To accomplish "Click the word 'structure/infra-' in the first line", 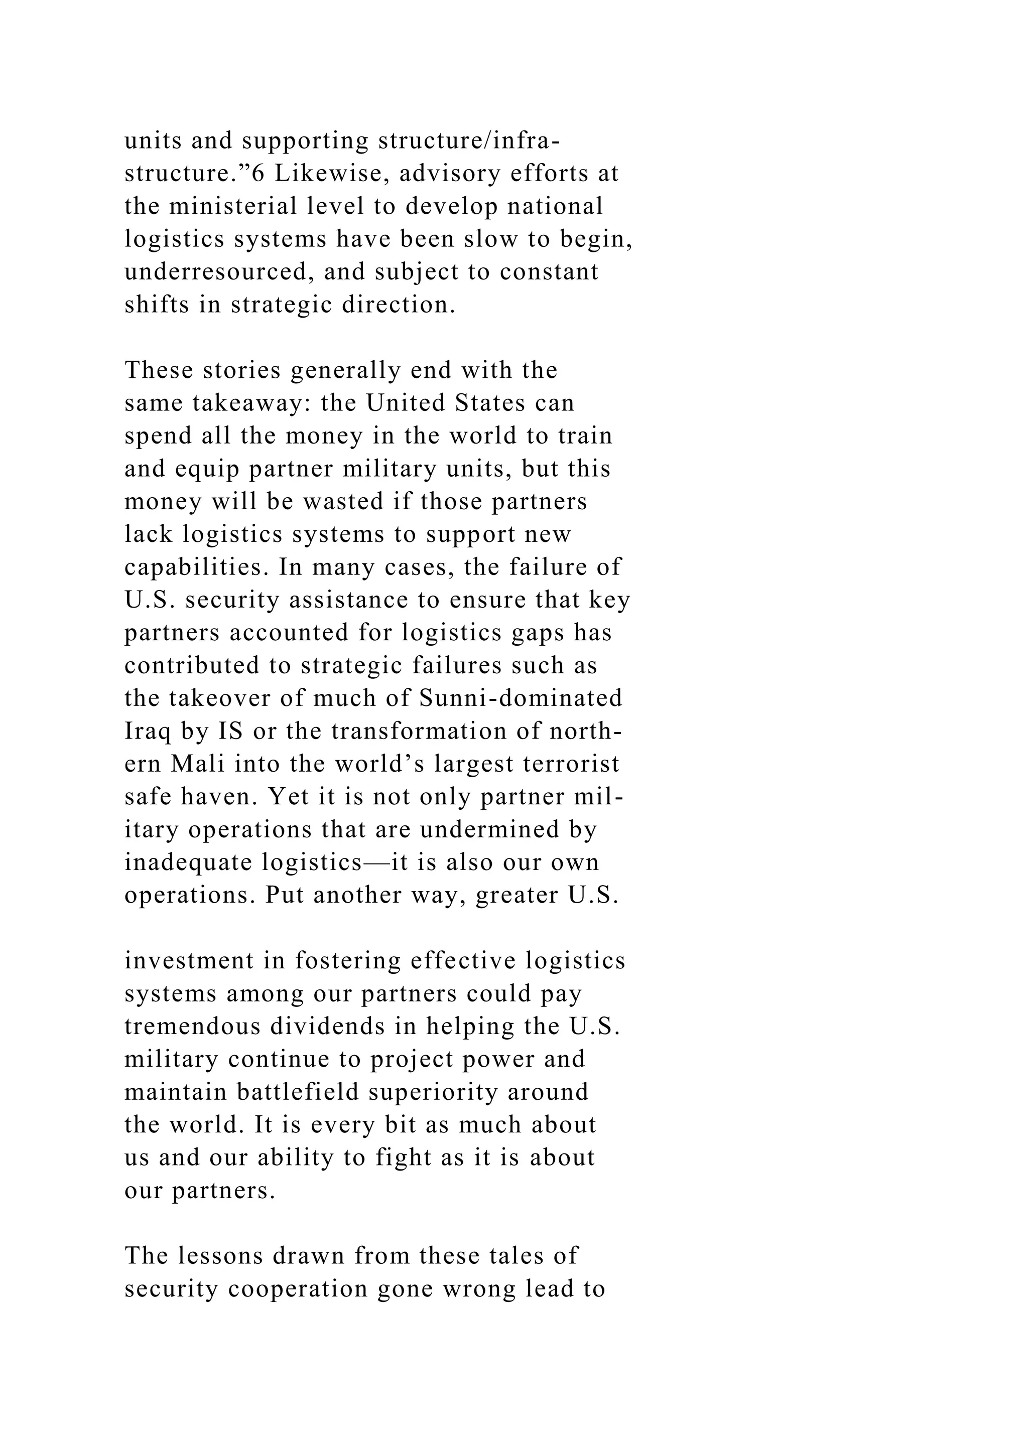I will [x=468, y=140].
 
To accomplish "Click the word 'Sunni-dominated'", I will [x=521, y=698].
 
